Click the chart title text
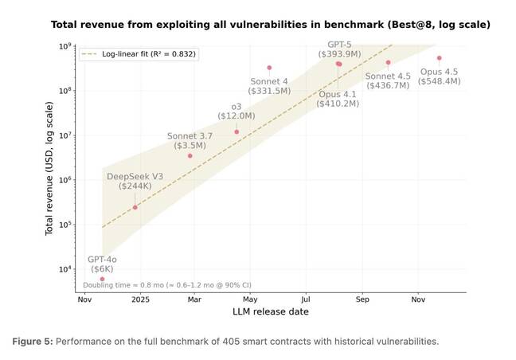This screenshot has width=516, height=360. coord(271,25)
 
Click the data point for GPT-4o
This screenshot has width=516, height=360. coord(102,279)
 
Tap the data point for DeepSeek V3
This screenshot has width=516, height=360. coord(135,207)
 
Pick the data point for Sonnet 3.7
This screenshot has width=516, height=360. coord(190,155)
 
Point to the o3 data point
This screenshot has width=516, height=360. coord(236,131)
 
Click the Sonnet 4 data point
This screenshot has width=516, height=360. coord(269,68)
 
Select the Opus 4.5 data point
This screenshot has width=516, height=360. coord(439,58)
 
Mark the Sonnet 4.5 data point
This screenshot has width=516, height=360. coord(388,62)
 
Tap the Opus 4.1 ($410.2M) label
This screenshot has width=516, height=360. coord(338,98)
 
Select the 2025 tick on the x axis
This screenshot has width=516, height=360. coord(140,299)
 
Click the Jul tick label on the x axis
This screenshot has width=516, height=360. coord(306,299)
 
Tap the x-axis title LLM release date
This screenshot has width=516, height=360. coord(271,311)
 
